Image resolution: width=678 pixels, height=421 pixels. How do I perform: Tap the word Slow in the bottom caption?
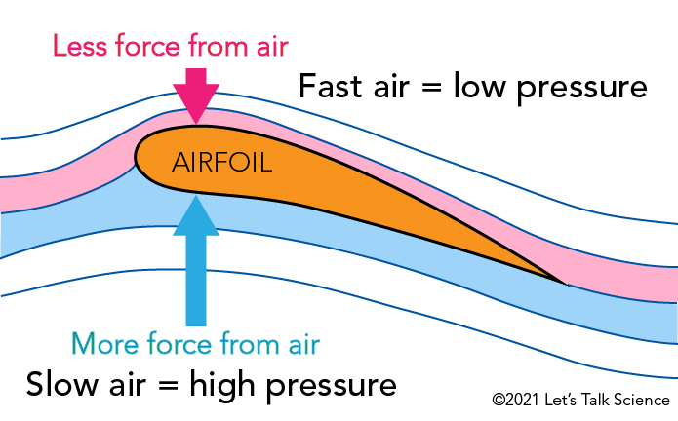[x=65, y=381]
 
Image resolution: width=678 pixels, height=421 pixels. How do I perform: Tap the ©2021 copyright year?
[x=515, y=401]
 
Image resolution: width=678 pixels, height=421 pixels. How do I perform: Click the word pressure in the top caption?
[x=582, y=88]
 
